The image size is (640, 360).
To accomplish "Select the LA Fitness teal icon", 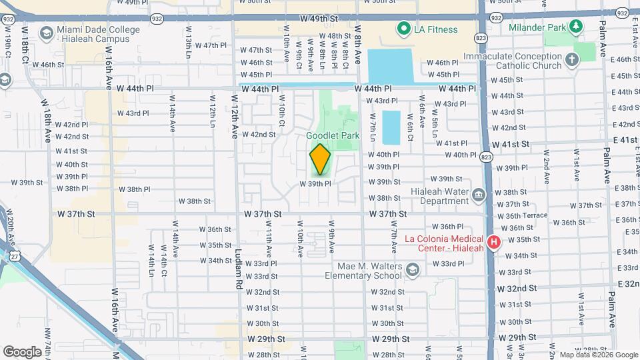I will point(403,29).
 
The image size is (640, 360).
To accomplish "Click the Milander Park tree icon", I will point(574,27).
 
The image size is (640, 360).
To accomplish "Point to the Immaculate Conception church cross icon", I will point(571,61).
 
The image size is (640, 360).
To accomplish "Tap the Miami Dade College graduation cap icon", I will point(46,33).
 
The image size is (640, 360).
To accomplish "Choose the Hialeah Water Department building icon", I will point(478,195).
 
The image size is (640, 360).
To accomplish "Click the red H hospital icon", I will point(494,242).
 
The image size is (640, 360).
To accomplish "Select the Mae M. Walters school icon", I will point(412,269).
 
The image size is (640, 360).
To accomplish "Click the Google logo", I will point(22,351).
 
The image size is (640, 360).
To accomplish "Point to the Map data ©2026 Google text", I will point(598,355).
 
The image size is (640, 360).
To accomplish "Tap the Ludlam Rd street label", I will point(238,269).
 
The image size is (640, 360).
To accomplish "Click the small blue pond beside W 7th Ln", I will point(391,127).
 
